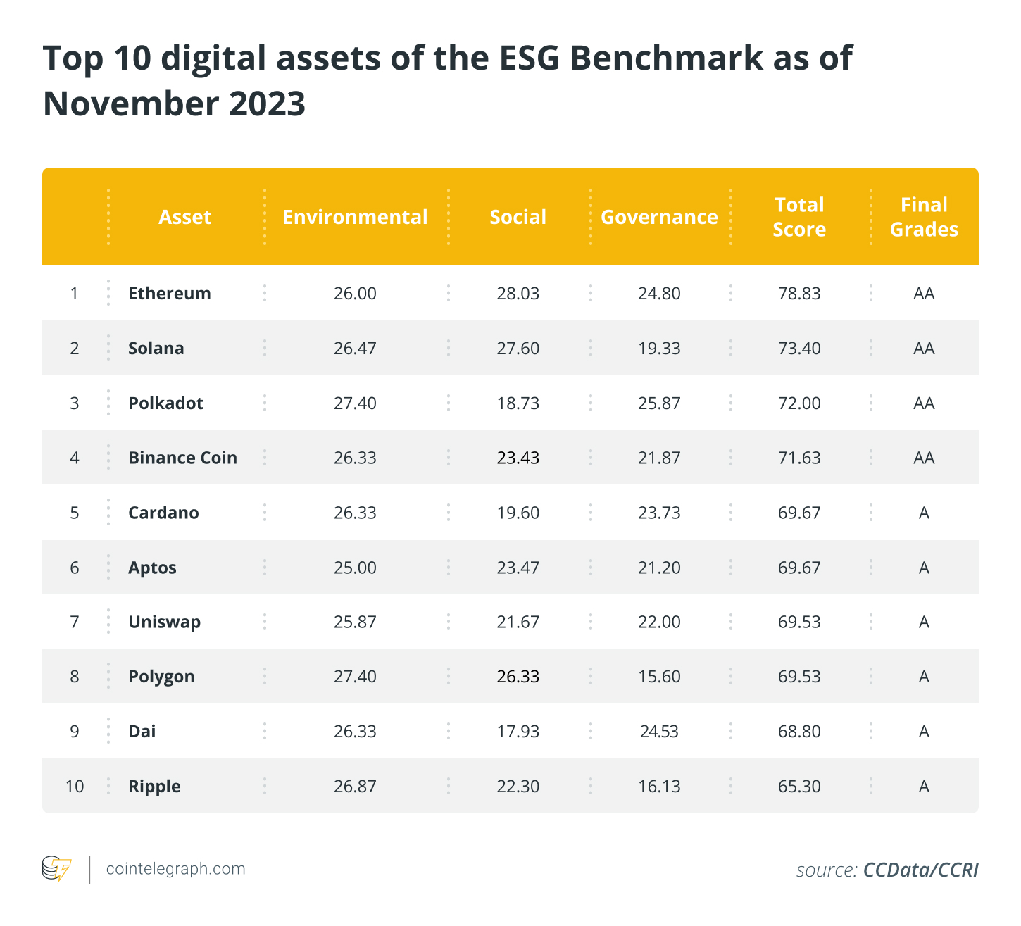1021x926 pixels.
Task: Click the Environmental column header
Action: [x=355, y=218]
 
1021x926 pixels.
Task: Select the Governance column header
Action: [x=659, y=218]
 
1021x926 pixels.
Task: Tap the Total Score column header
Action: [x=799, y=218]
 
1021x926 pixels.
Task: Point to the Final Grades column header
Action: [x=924, y=218]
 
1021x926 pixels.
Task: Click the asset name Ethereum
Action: [x=170, y=293]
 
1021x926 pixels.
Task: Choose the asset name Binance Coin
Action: [x=182, y=458]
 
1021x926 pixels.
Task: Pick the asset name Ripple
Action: [x=154, y=787]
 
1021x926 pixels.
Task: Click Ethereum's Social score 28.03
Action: [x=518, y=293]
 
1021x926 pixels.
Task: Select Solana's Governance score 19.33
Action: [x=659, y=348]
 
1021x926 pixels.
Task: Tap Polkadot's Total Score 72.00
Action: [x=799, y=403]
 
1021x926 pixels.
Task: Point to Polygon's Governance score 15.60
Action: [x=659, y=677]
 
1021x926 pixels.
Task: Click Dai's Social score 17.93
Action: [x=518, y=732]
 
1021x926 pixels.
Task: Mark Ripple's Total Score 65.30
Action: [x=799, y=787]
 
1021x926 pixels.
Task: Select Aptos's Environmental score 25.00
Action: [x=355, y=568]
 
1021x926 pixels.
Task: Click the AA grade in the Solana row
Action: [x=924, y=348]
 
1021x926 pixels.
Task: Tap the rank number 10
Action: [x=75, y=787]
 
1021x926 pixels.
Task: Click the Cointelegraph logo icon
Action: [x=56, y=869]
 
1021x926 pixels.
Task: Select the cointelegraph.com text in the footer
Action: [x=175, y=869]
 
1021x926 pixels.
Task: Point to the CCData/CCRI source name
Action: [x=921, y=870]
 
